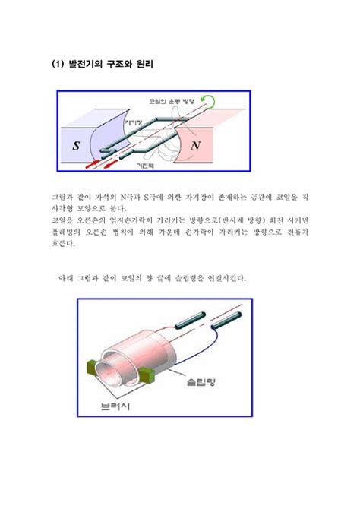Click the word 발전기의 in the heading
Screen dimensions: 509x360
pyautogui.click(x=81, y=65)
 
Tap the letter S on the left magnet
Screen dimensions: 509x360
pyautogui.click(x=75, y=144)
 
